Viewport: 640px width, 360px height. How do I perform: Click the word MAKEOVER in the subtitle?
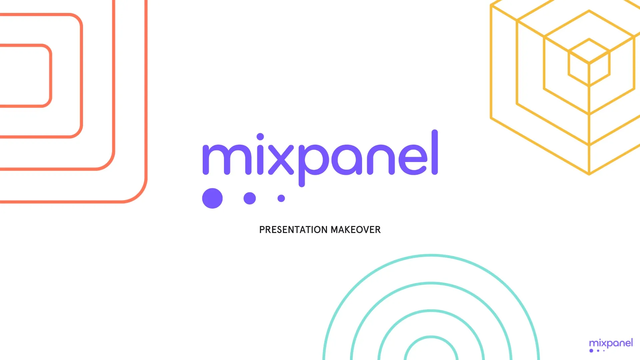coord(356,230)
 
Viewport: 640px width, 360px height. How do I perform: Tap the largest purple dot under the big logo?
coord(212,198)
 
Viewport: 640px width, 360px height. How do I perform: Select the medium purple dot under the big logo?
coord(250,198)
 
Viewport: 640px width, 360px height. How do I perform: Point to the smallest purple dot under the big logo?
coord(281,198)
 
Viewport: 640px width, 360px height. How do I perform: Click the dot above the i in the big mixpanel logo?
coord(260,137)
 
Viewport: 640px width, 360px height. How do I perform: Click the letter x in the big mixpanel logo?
coord(281,160)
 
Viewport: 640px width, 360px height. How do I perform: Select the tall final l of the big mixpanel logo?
coord(435,152)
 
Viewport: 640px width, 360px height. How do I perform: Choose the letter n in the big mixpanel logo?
coord(381,160)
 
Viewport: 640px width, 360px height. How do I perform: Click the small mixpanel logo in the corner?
coord(611,345)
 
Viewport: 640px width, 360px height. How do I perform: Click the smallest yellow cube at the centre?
coord(589,63)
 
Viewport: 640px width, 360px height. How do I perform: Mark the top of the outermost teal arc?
coord(431,255)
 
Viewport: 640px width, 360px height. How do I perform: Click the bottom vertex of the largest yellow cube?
coord(589,174)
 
